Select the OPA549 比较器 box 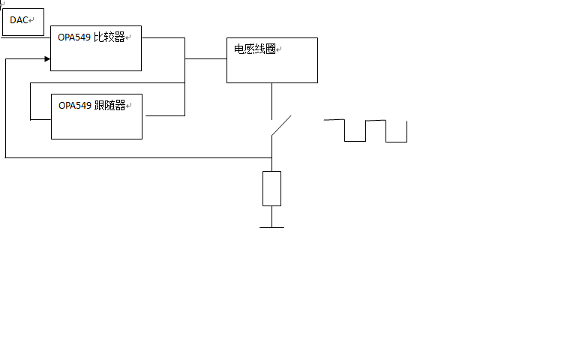click(96, 49)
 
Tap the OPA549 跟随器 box click(96, 117)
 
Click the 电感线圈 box click(271, 60)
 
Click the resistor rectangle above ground click(271, 188)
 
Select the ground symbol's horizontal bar click(271, 226)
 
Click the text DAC click(19, 20)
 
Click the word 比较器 click(109, 37)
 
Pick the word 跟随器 click(110, 106)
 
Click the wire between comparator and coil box click(206, 58)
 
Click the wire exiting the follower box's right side click(163, 115)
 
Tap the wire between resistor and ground click(271, 216)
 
